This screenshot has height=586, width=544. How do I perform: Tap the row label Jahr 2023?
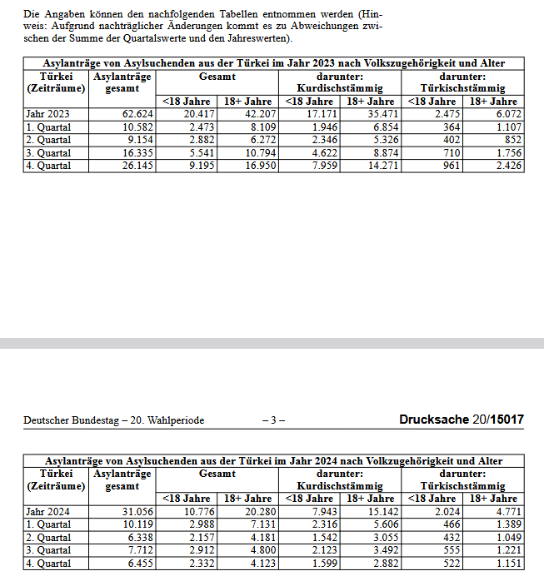47,113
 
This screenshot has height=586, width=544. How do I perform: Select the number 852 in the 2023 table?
510,140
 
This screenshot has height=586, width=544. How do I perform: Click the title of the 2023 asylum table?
274,63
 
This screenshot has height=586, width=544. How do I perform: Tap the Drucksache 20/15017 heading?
462,420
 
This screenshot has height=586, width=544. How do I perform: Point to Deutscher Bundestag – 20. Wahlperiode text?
114,420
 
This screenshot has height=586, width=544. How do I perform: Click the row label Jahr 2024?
47,511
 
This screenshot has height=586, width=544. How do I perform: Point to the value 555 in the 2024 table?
447,550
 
